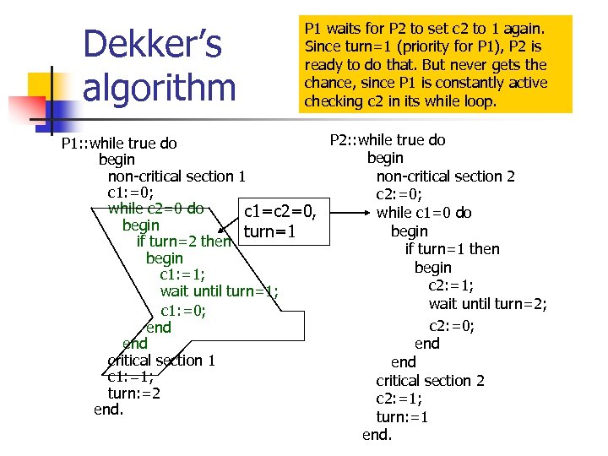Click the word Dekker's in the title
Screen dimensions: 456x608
tap(152, 45)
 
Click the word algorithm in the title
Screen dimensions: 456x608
tap(160, 87)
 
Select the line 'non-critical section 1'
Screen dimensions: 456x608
tap(176, 176)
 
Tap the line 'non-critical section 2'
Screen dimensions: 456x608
tap(445, 176)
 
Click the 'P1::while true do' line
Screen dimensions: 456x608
tap(119, 143)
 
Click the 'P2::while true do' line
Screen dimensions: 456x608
tap(388, 140)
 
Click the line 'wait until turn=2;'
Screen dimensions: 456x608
tap(487, 304)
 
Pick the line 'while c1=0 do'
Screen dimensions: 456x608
tap(424, 213)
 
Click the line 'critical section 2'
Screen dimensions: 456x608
tap(430, 380)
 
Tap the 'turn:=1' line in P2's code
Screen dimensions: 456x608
tap(402, 416)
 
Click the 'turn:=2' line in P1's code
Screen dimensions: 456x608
tap(134, 393)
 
